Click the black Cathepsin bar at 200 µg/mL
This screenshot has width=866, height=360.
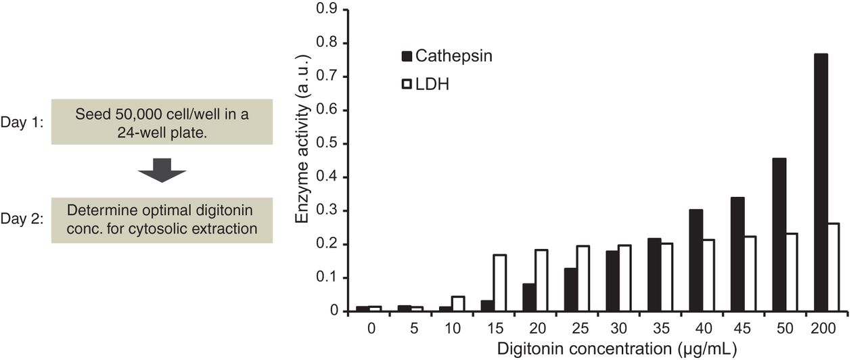(820, 183)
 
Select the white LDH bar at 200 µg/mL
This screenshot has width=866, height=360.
(832, 267)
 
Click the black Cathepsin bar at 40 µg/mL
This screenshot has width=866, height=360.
(696, 261)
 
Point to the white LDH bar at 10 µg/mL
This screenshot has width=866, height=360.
(458, 304)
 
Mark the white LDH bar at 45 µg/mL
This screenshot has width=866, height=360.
(750, 274)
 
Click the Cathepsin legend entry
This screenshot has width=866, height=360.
(447, 56)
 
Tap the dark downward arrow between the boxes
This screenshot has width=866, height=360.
(162, 171)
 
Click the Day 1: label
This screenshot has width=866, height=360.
(22, 122)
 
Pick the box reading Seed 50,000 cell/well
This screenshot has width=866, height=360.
(162, 122)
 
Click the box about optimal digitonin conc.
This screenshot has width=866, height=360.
(162, 221)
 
